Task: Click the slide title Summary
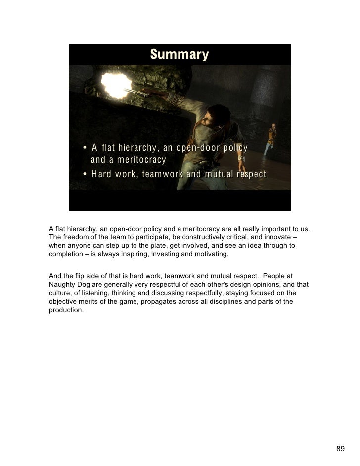(180, 54)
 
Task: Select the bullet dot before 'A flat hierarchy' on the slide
(86, 149)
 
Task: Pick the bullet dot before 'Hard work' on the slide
(86, 175)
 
